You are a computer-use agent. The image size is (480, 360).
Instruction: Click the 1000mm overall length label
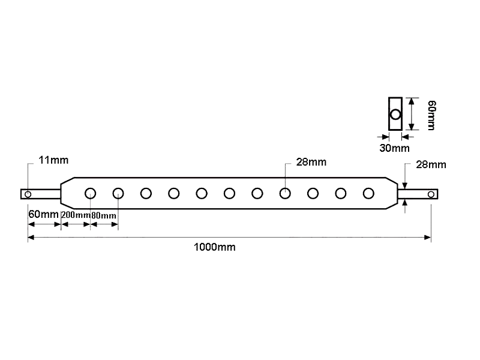click(215, 247)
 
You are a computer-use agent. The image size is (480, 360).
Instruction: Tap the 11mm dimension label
click(53, 160)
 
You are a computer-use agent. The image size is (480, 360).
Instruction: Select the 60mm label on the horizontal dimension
click(43, 214)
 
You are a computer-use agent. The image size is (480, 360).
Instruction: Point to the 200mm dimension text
click(76, 215)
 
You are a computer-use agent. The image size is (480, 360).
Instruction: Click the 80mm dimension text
click(104, 215)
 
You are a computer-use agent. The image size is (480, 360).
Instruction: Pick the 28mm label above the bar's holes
click(311, 162)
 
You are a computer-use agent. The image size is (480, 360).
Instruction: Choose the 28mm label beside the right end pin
click(431, 164)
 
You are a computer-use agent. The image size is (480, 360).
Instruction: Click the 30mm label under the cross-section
click(394, 148)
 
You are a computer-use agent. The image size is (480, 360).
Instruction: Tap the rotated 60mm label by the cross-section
click(431, 115)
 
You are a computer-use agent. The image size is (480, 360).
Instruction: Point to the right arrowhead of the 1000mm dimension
click(428, 237)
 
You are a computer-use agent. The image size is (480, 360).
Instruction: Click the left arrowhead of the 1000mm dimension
click(32, 237)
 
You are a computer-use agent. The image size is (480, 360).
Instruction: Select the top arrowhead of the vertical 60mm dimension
click(412, 101)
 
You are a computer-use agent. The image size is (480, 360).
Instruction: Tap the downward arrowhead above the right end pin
click(405, 185)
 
